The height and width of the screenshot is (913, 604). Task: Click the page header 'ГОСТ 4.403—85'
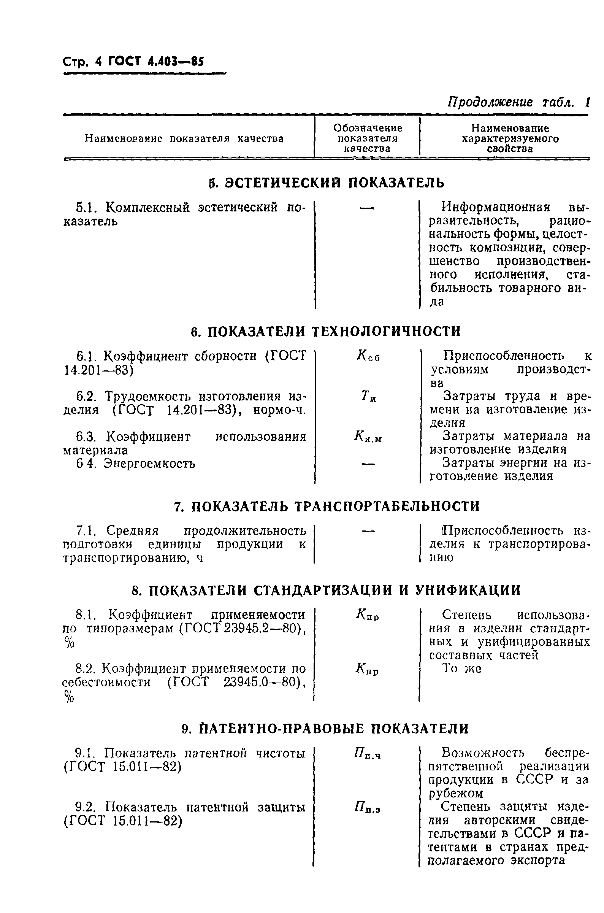155,61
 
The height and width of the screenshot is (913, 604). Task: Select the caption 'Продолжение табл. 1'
518,102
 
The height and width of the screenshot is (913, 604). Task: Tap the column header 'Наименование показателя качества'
184,139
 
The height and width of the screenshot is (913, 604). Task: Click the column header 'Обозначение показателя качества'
367,138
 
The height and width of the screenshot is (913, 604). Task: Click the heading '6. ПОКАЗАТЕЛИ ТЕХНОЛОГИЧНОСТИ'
326,331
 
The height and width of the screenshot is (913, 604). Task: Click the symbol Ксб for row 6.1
368,356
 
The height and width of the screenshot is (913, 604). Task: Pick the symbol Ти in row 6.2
368,396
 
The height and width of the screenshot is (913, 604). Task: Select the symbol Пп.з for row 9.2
368,806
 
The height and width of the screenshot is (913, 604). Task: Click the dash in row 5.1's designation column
367,208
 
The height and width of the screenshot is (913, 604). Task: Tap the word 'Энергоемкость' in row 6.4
149,464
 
